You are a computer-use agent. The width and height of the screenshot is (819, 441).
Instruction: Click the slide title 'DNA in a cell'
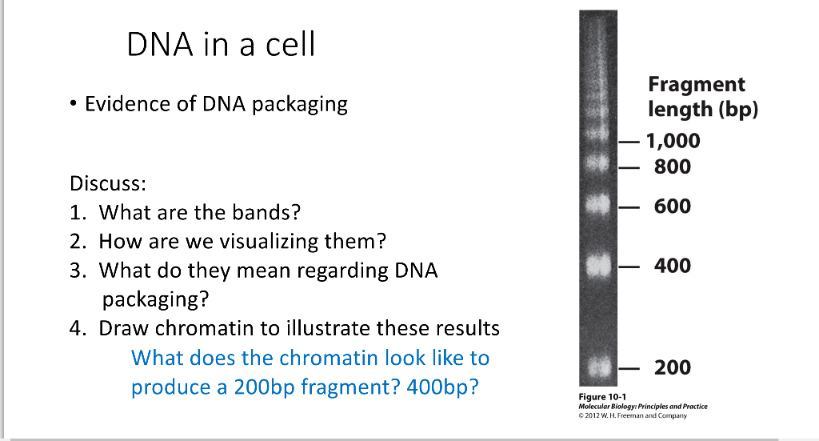point(221,44)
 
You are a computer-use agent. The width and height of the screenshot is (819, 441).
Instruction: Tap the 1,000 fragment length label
point(673,141)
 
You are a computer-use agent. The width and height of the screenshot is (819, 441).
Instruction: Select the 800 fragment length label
point(672,166)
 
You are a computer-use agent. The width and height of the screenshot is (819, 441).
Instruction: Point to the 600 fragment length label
point(672,206)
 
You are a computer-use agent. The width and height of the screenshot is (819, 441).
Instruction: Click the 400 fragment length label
point(672,266)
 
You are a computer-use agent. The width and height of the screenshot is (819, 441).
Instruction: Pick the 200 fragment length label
point(672,367)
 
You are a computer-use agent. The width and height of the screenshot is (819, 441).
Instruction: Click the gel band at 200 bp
point(597,367)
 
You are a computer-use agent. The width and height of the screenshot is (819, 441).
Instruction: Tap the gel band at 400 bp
point(597,266)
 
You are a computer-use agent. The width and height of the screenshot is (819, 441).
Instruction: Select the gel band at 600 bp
point(597,204)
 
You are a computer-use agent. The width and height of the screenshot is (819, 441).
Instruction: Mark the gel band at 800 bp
point(597,163)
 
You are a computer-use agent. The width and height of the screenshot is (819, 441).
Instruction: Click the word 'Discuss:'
point(108,183)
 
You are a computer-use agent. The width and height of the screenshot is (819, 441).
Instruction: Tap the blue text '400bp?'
point(442,387)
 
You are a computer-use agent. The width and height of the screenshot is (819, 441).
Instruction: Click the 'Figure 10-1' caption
point(602,397)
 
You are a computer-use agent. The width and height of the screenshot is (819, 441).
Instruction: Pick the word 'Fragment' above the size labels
point(697,84)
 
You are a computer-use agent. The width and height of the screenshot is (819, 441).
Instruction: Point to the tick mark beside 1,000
point(629,142)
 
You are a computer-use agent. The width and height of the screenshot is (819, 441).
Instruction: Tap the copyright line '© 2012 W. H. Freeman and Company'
point(633,416)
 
